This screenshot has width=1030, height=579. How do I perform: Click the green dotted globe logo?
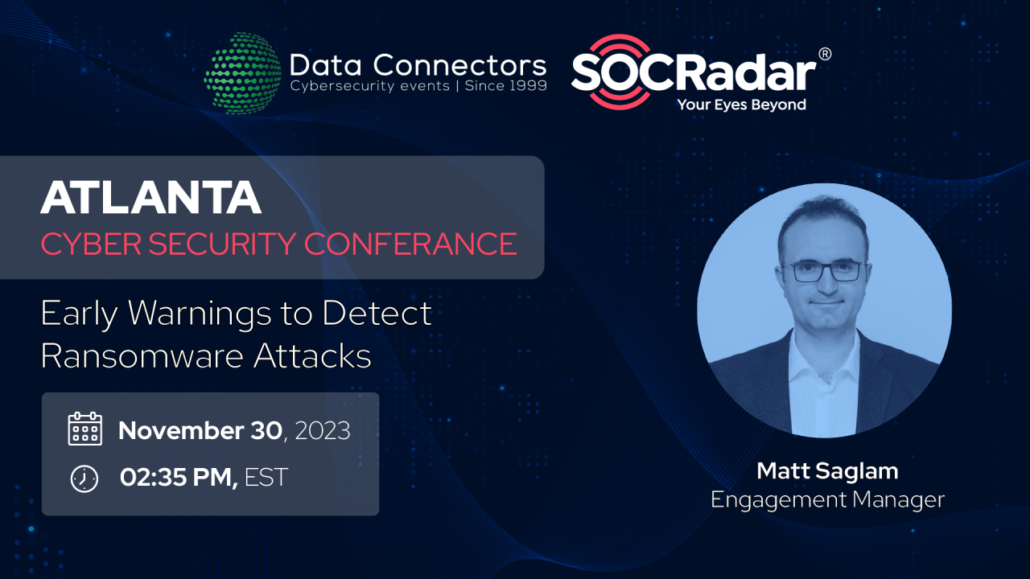point(242,73)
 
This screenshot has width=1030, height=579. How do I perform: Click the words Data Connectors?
point(418,64)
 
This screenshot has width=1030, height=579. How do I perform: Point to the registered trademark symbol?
point(824,54)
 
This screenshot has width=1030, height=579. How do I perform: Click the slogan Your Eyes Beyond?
point(741,105)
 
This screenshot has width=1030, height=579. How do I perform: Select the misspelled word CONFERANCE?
point(410,244)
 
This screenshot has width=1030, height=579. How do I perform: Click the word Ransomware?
point(142,355)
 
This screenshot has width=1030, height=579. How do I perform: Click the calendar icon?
point(84,429)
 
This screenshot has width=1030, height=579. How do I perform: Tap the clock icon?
point(84,478)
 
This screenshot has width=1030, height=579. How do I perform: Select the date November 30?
point(200,431)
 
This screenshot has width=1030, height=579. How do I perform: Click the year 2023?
point(322,431)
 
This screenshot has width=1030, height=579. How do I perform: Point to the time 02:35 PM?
point(178,478)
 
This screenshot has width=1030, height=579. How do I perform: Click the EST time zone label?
point(266,478)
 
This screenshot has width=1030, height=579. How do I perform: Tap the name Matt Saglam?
point(827,470)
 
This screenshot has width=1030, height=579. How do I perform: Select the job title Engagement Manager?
point(827,499)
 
